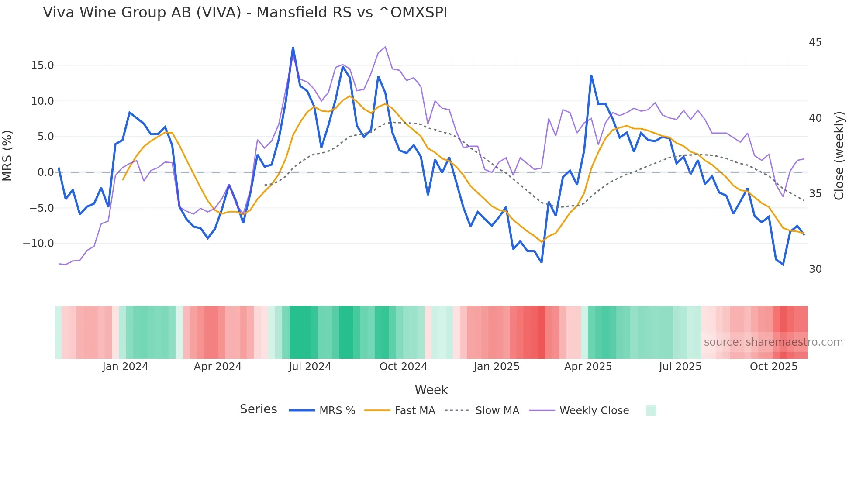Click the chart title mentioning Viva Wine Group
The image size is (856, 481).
pos(245,13)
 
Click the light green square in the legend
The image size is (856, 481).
pos(651,410)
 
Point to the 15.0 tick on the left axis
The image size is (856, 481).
pos(42,65)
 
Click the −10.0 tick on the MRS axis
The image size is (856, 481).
pos(38,244)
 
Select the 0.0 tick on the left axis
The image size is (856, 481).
pos(45,172)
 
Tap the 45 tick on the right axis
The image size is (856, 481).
pos(815,42)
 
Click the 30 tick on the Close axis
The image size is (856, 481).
pos(815,269)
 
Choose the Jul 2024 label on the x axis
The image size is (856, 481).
pos(310,367)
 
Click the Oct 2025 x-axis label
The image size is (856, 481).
pos(773,367)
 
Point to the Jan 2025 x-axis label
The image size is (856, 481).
pos(497,367)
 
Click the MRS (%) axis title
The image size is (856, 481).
pos(7,156)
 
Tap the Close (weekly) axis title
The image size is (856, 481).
pos(839,156)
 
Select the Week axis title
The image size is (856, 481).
pos(431,390)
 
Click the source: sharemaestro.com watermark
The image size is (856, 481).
pos(773,342)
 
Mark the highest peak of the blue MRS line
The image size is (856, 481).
pos(293,48)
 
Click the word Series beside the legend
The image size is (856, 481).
pos(258,409)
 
